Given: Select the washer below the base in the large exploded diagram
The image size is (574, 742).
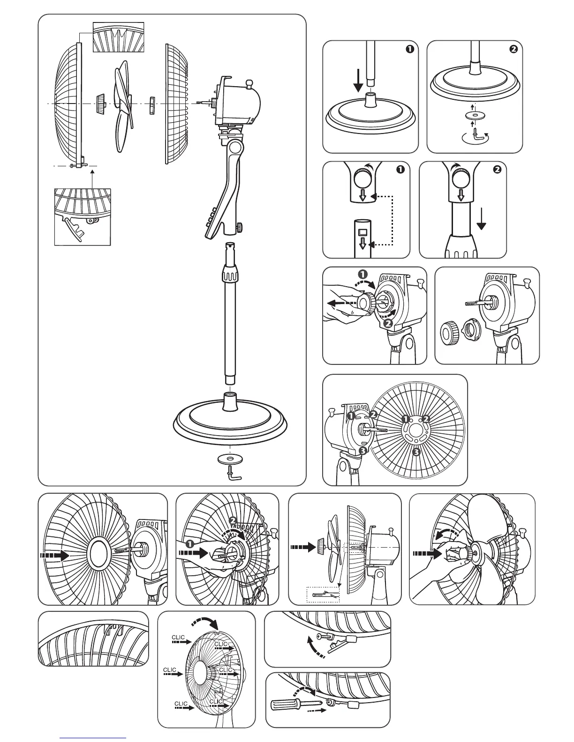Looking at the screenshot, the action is point(229,459).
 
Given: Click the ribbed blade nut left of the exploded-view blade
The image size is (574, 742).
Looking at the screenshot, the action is point(99,104).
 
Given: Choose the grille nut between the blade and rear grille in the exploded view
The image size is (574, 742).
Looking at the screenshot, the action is point(152,104).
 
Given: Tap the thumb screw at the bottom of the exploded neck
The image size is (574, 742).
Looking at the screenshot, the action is point(239,227).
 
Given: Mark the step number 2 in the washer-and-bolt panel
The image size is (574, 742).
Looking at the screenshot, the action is point(513,50).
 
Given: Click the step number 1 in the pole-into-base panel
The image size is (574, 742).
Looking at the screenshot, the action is point(409,50).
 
